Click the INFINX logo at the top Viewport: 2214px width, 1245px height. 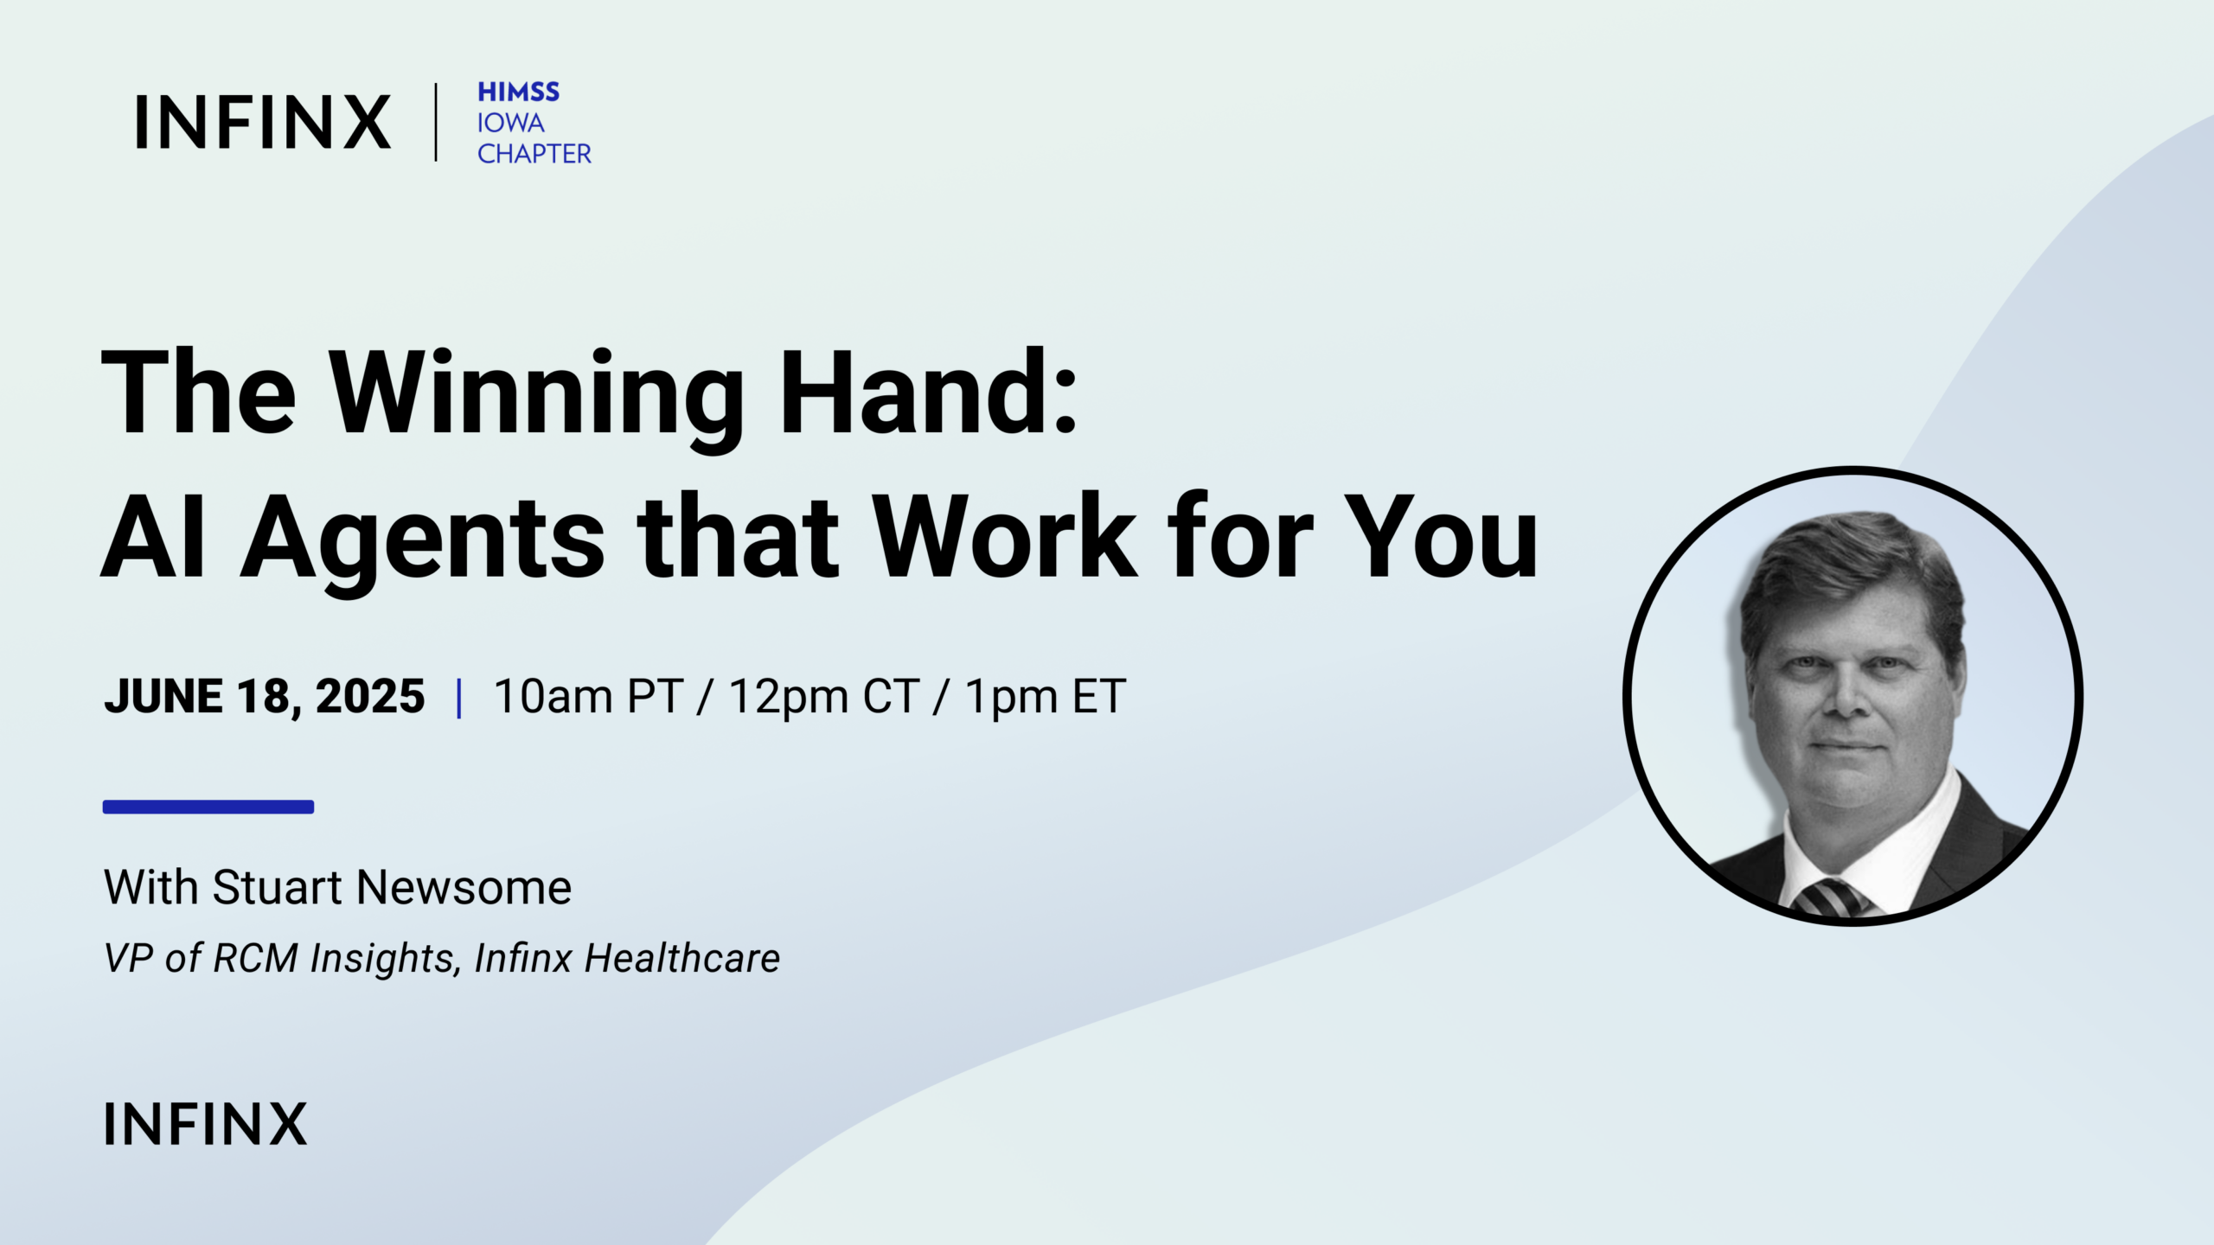tap(263, 122)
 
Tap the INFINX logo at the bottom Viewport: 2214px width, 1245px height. tap(206, 1123)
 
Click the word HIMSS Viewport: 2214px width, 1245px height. tap(519, 92)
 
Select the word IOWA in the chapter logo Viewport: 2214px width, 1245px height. tap(511, 123)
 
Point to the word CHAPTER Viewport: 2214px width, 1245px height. tap(534, 154)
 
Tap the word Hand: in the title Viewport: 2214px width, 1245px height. tap(929, 391)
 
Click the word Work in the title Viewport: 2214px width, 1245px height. tap(1004, 535)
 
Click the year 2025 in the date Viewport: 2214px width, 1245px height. tap(370, 696)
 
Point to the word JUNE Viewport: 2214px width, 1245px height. tap(163, 696)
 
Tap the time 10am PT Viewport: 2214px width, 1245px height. tap(588, 696)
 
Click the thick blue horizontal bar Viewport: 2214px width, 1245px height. tap(208, 807)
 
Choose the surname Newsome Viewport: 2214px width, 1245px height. tap(464, 887)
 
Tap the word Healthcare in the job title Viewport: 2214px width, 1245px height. tap(682, 958)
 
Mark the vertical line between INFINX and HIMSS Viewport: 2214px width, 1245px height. tap(436, 122)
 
